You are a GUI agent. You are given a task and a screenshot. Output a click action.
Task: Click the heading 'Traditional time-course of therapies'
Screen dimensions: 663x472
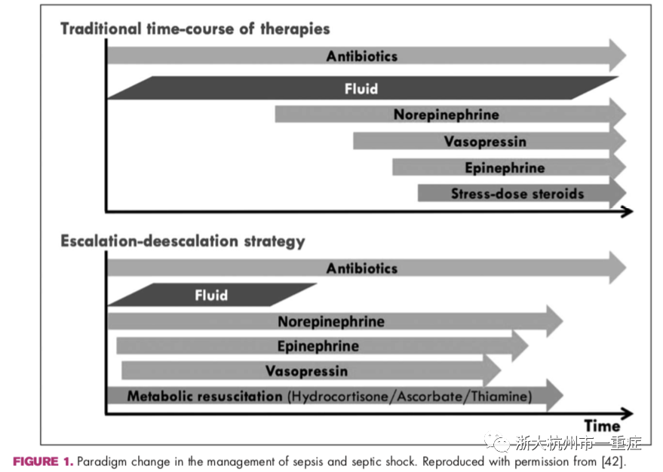click(x=195, y=29)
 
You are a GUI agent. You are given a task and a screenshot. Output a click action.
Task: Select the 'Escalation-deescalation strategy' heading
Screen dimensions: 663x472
click(x=183, y=241)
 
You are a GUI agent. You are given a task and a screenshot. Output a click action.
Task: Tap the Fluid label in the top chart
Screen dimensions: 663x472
click(x=361, y=89)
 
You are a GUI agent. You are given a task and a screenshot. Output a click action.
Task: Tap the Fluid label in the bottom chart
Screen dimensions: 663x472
click(x=211, y=295)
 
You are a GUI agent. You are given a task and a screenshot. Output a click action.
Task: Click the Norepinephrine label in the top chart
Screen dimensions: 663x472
click(x=446, y=115)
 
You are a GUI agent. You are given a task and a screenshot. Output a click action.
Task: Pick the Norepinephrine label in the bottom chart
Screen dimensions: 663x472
click(x=331, y=321)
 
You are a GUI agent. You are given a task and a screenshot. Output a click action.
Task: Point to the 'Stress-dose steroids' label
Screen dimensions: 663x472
click(x=517, y=194)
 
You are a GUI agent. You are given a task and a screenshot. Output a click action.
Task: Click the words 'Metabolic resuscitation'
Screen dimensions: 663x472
click(x=204, y=396)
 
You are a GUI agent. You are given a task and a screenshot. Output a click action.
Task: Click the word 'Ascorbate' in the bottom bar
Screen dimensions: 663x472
click(x=430, y=397)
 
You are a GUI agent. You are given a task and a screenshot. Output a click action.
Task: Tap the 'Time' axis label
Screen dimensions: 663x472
click(x=602, y=425)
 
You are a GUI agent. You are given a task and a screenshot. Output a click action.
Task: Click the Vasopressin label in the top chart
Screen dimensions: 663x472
click(x=485, y=142)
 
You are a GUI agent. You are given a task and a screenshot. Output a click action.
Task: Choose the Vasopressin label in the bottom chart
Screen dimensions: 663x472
click(x=306, y=371)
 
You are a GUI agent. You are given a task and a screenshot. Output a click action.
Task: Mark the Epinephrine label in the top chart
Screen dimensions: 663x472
click(x=505, y=167)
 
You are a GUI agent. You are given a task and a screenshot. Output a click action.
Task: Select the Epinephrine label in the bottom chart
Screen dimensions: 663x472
click(x=318, y=346)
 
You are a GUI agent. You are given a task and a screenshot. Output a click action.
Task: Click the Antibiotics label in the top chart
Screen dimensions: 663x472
click(x=362, y=57)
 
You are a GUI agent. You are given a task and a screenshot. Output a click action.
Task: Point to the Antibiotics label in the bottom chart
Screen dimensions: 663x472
click(x=362, y=268)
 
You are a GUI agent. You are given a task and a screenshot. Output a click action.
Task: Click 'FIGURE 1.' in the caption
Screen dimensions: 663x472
click(x=43, y=461)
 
